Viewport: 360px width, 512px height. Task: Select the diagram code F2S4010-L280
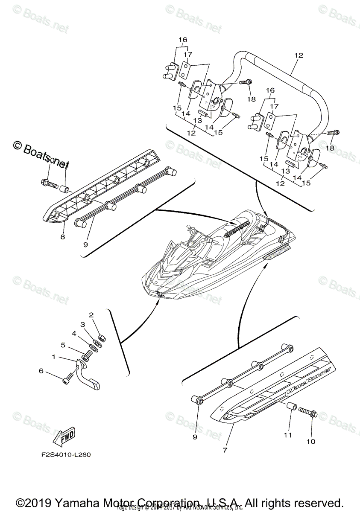tap(63, 454)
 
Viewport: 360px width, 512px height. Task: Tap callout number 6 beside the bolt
tap(41, 371)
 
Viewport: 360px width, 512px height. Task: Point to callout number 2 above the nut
tap(91, 315)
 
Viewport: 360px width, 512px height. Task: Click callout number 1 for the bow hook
tap(54, 356)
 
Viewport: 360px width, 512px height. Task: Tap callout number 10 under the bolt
tap(310, 442)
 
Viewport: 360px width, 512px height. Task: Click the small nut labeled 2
tap(97, 327)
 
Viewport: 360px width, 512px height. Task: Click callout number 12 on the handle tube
tap(298, 55)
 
